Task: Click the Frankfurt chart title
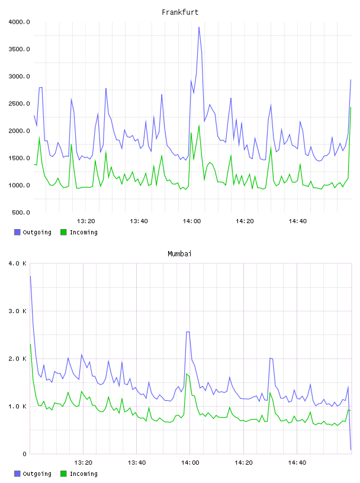[180, 12]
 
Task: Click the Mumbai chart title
[179, 254]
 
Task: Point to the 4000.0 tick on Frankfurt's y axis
[19, 22]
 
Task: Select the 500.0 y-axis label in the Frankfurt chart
[21, 212]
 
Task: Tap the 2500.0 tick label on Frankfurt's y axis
[19, 104]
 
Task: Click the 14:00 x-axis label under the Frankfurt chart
[192, 221]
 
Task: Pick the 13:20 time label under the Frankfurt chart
[86, 221]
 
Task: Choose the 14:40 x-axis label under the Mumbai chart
[297, 463]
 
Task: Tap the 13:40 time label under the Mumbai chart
[137, 463]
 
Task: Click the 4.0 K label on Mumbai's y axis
[18, 263]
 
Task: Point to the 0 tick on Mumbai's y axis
[25, 454]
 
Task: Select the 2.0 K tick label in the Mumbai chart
[18, 359]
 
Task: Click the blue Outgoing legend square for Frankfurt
[17, 232]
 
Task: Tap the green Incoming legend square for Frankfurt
[63, 232]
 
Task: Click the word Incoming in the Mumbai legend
[83, 474]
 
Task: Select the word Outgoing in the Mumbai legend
[37, 474]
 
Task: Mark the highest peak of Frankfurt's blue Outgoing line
[199, 27]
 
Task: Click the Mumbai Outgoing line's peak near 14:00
[188, 331]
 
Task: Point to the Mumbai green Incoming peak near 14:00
[187, 374]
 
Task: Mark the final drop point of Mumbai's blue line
[351, 449]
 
